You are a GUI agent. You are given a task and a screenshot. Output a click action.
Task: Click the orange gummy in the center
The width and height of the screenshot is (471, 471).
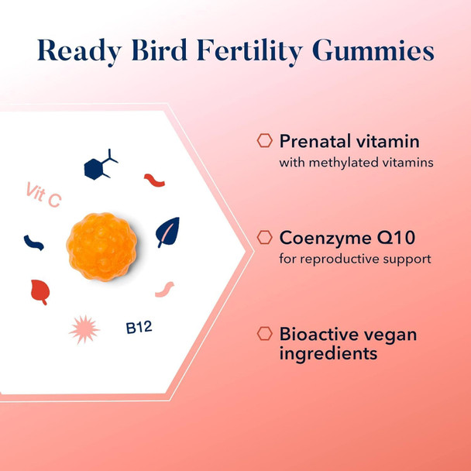101,246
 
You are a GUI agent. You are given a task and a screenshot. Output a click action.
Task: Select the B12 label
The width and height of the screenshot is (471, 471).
139,327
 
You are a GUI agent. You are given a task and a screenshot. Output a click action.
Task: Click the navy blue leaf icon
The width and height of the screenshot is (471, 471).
167,232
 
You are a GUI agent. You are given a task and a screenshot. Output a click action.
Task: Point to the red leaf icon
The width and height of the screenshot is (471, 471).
40,291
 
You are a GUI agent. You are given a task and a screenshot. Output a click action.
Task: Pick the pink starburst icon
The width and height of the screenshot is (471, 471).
84,329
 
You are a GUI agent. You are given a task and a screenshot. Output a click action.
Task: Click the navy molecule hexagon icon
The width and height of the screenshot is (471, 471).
98,165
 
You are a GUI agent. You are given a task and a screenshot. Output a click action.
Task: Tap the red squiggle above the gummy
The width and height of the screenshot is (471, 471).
154,180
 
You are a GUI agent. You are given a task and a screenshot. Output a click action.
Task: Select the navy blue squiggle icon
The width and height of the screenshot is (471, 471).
33,242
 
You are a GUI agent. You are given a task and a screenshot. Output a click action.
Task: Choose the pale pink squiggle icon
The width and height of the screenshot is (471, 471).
164,290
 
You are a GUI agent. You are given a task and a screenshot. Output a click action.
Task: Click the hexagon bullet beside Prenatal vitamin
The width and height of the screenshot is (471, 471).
265,141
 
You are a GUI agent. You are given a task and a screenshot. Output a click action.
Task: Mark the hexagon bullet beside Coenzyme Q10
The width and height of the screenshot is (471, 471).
265,237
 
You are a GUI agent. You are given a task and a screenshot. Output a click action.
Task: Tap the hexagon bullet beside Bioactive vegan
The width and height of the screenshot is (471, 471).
265,334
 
